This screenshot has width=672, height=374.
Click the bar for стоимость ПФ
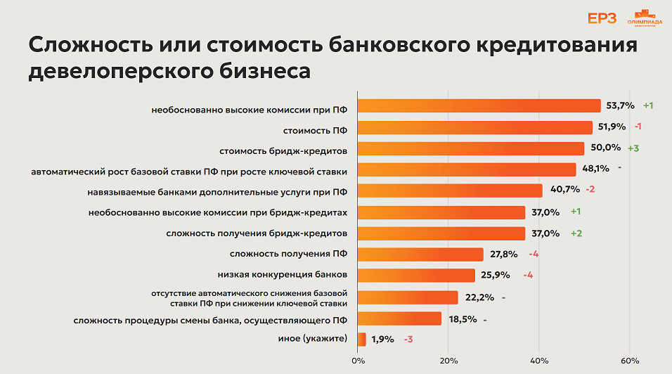tap(475, 127)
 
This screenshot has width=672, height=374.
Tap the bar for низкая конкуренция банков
tap(416, 276)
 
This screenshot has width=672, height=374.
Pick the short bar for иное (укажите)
tap(362, 340)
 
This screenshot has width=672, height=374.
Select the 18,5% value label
tap(462, 318)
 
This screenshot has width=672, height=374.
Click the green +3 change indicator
tap(633, 148)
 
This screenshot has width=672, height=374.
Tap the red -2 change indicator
tap(590, 191)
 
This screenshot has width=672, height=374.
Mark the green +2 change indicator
tap(576, 233)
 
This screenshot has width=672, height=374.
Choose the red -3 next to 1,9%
tap(408, 340)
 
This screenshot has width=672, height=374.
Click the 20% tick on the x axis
tap(448, 361)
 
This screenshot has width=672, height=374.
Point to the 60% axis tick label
tap(630, 361)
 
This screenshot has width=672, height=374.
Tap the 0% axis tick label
tap(358, 361)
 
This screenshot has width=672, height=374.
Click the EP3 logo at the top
tap(602, 18)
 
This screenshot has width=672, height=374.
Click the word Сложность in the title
tap(103, 45)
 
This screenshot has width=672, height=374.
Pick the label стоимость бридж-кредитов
tap(283, 149)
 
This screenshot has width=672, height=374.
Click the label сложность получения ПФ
tap(288, 254)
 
